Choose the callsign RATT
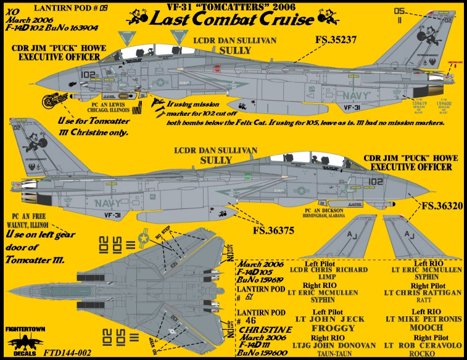(423, 302)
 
